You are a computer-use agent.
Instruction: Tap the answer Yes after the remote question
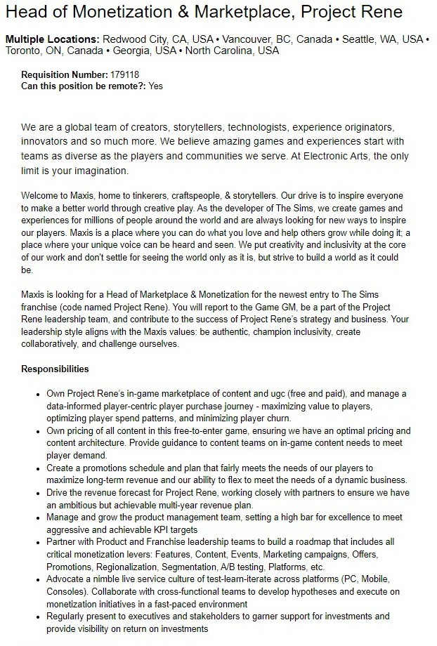[x=156, y=86]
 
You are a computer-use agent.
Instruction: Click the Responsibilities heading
[x=55, y=369]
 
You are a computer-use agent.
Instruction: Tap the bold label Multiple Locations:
[x=53, y=39]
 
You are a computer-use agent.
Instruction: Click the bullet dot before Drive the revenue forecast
[x=37, y=493]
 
